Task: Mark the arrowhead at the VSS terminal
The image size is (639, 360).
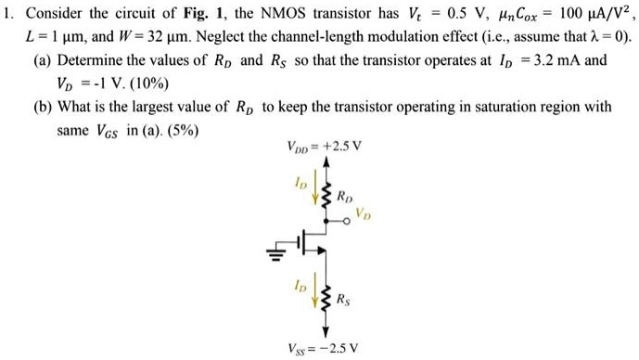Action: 326,332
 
